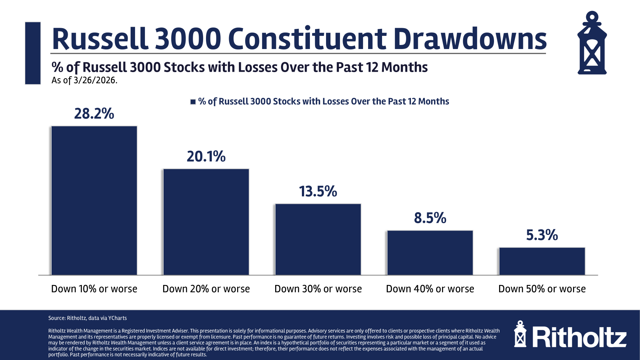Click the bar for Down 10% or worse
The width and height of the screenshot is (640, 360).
coord(94,200)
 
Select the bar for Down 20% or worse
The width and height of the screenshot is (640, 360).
coord(206,222)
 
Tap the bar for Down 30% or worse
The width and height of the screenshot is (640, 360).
coord(318,239)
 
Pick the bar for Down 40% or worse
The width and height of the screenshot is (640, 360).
coord(430,252)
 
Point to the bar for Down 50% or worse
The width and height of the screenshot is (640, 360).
coord(542,261)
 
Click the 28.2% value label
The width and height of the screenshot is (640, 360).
coord(94,114)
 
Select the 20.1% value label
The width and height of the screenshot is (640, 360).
coord(206,157)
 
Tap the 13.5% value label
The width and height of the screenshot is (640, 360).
coord(318,191)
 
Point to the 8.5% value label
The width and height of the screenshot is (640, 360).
coord(430,218)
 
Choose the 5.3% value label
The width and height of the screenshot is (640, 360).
coord(542,235)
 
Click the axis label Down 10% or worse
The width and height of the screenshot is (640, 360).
coord(94,289)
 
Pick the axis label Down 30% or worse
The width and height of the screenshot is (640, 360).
coord(318,289)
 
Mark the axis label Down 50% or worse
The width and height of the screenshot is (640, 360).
coord(542,289)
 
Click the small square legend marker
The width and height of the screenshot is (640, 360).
coord(193,102)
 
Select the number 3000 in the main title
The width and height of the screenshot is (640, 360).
coord(188,39)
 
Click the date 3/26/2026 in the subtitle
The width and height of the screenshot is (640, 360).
coord(95,80)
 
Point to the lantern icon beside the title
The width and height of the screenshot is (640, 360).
coord(592,43)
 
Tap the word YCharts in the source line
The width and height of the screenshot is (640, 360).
coord(117,318)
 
